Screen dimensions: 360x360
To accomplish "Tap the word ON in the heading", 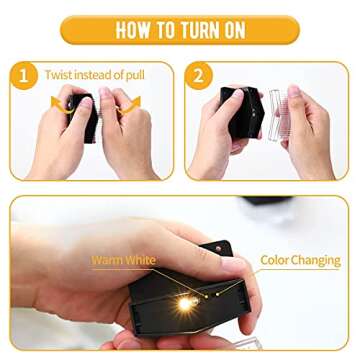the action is [x=232, y=31].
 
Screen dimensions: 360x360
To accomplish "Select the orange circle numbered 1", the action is [x=24, y=76].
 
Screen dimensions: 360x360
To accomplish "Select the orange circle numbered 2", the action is [x=199, y=76].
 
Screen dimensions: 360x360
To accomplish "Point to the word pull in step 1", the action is [x=136, y=75].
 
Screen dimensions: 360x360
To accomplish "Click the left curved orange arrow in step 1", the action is [x=61, y=105].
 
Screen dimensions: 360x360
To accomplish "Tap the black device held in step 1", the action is [x=83, y=117].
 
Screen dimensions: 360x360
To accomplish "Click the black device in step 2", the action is [x=242, y=113].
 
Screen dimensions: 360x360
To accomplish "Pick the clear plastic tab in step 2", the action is [x=278, y=115].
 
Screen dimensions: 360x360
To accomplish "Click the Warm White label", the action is [x=124, y=260].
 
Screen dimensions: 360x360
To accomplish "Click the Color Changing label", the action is [x=300, y=260].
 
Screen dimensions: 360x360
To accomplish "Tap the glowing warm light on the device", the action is [x=185, y=303].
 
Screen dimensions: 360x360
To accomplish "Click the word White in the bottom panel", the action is [x=140, y=260].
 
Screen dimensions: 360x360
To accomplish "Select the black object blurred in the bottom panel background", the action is [x=267, y=200].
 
